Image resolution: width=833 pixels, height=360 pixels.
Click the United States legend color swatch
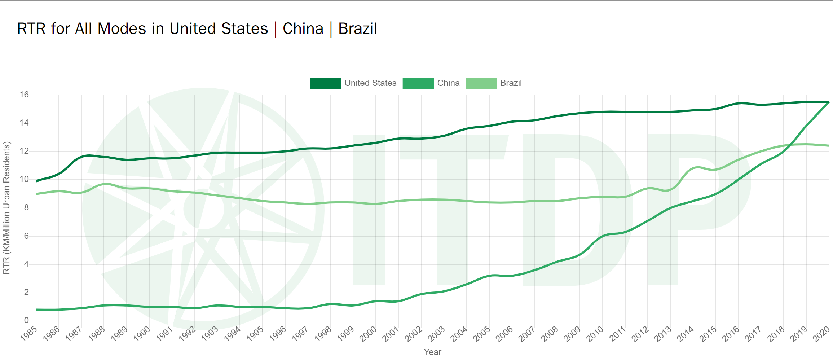click(x=325, y=83)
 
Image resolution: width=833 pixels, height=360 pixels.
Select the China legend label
click(x=448, y=83)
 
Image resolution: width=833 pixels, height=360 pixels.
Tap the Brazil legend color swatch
click(x=481, y=83)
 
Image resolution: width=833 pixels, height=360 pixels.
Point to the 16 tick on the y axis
click(x=24, y=95)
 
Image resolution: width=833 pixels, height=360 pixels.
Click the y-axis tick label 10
click(x=24, y=179)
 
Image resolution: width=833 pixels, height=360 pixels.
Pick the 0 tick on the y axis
click(x=26, y=320)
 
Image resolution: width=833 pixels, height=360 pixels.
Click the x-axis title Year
click(x=432, y=352)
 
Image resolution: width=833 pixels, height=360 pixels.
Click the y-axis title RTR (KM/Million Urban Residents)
click(x=6, y=208)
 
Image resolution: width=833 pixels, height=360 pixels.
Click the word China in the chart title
click(x=303, y=29)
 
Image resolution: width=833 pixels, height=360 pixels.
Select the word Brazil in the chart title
click(x=357, y=29)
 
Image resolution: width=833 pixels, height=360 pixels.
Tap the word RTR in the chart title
click(x=31, y=29)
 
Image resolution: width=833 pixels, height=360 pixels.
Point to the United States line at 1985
click(x=36, y=181)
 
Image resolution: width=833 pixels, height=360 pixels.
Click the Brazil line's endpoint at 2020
click(x=828, y=146)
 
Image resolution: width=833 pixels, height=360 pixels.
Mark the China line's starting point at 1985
click(x=36, y=309)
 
